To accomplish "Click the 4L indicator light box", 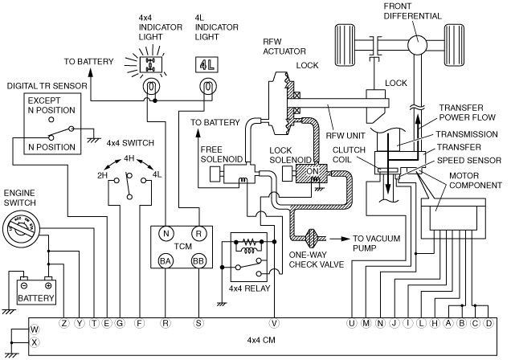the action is coord(206,65).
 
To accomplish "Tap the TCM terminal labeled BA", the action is coord(166,261).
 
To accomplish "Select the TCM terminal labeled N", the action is coord(166,233).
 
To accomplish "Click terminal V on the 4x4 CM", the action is coord(274,323).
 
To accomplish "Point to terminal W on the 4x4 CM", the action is coord(35,329).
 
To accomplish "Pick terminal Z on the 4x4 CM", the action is coord(64,323).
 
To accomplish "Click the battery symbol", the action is coord(36,291).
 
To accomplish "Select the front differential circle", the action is coord(417,45).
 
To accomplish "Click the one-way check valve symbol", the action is coord(312,239).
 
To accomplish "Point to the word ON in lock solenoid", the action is coord(313,171).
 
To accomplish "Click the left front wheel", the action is coord(345,45).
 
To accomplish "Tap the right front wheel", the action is coord(454,45).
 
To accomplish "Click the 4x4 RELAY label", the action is coord(249,288).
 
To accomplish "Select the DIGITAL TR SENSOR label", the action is coord(47,86).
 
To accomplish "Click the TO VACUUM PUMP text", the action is coord(376,243).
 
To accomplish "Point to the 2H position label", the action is coord(102,175).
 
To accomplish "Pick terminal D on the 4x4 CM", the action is coord(489,323).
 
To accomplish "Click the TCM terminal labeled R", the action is coord(198,233).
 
